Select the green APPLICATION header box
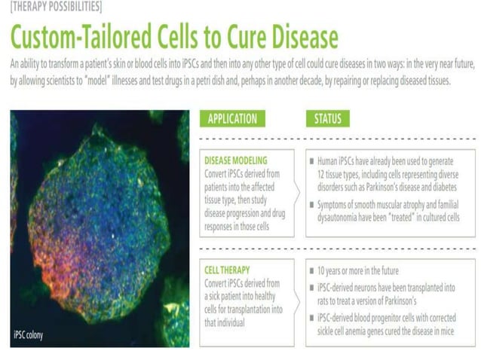coord(231,118)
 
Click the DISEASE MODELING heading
coord(235,160)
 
